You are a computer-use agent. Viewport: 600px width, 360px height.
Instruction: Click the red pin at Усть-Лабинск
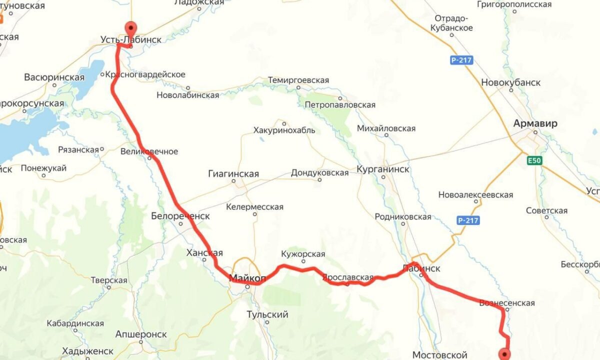coord(130,27)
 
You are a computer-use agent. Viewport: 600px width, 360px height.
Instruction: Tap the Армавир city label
coord(535,123)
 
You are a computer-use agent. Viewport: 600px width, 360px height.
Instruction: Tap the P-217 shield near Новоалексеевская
coord(468,220)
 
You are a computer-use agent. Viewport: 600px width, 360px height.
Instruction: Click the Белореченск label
coord(180,216)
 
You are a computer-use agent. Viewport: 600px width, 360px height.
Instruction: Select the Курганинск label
coord(383,169)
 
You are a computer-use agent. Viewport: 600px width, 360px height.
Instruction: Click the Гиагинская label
coord(233,174)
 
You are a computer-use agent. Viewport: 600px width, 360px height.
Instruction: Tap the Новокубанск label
coord(510,82)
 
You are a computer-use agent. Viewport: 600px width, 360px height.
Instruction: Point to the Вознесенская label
coord(506,303)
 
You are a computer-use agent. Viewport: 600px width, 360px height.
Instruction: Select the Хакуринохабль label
coord(284,130)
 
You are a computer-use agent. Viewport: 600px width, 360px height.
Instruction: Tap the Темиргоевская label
coord(298,80)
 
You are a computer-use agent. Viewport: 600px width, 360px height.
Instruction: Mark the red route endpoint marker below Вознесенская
coord(506,354)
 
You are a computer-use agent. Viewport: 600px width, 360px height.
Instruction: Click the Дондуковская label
coord(319,172)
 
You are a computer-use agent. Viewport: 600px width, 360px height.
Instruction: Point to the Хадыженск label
coord(87,351)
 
